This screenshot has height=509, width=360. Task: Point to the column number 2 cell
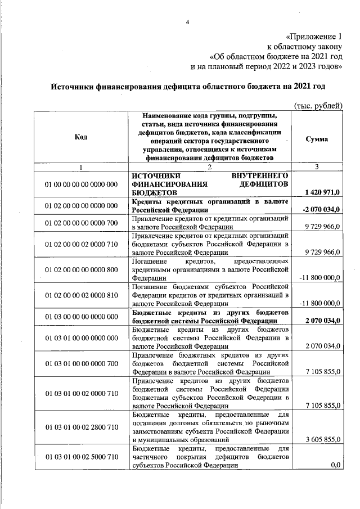coord(210,167)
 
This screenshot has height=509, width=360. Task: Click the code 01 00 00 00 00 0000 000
coord(80,184)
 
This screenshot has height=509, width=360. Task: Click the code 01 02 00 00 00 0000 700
coord(80,223)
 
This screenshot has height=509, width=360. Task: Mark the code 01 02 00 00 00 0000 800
coord(80,271)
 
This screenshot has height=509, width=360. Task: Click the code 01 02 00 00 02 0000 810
coord(80,295)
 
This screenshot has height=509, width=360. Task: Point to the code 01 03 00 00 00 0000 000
coord(80,317)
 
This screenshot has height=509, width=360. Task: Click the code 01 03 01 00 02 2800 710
coord(80,426)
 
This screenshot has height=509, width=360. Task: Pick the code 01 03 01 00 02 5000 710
coord(80,456)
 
